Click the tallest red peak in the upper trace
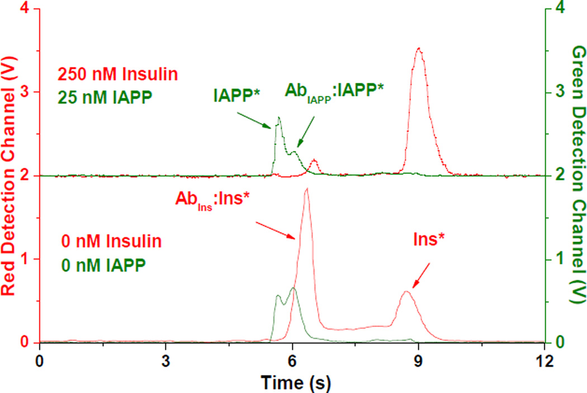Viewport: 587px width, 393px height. tap(418, 49)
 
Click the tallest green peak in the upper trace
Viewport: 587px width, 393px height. tap(279, 117)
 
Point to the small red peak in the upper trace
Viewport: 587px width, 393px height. tap(314, 161)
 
